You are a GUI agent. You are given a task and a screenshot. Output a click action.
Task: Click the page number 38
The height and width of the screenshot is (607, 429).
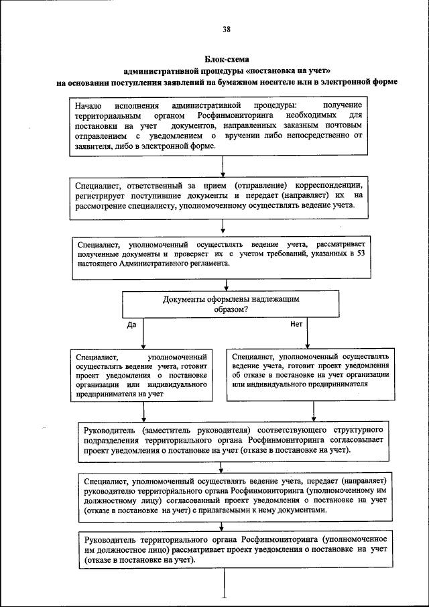click(226, 29)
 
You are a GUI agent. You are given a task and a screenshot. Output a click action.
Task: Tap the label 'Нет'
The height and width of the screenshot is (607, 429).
click(296, 323)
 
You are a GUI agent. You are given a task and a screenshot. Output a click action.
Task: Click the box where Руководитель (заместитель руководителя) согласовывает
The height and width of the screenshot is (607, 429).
click(233, 440)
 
